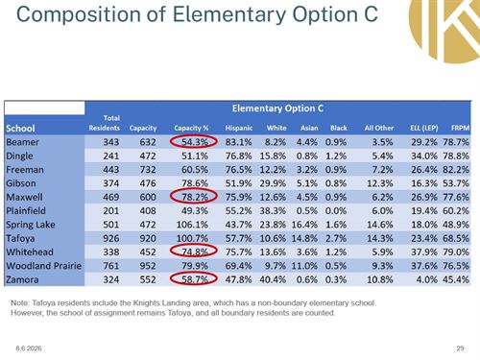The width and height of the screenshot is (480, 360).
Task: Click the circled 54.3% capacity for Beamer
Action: pos(195,142)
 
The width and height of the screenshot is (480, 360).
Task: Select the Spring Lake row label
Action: pos(31,225)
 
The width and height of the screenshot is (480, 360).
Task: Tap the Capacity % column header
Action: pos(191,128)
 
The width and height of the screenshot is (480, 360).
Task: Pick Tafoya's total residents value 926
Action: pos(111,238)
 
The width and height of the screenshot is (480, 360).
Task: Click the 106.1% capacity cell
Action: pos(192,225)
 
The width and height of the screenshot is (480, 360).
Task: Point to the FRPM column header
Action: pos(460,128)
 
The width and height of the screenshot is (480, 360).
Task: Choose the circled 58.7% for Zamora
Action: pos(195,279)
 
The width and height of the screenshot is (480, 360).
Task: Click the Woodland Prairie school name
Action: pos(44,266)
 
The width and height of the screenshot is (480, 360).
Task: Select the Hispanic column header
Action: pos(239,128)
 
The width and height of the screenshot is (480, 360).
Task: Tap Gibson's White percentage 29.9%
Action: pos(273,183)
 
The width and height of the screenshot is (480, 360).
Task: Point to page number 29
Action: pos(460,348)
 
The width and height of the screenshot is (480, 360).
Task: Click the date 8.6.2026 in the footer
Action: pos(29,348)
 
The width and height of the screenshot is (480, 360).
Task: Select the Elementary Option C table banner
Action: pos(277,108)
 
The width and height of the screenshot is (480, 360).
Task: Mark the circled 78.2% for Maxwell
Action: pos(195,197)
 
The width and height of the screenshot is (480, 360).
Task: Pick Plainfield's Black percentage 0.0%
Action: pos(336,211)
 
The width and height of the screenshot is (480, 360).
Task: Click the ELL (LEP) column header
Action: pos(424,128)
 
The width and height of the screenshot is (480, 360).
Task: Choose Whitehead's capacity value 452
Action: pos(148,252)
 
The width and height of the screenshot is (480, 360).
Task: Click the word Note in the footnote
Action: pos(18,302)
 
